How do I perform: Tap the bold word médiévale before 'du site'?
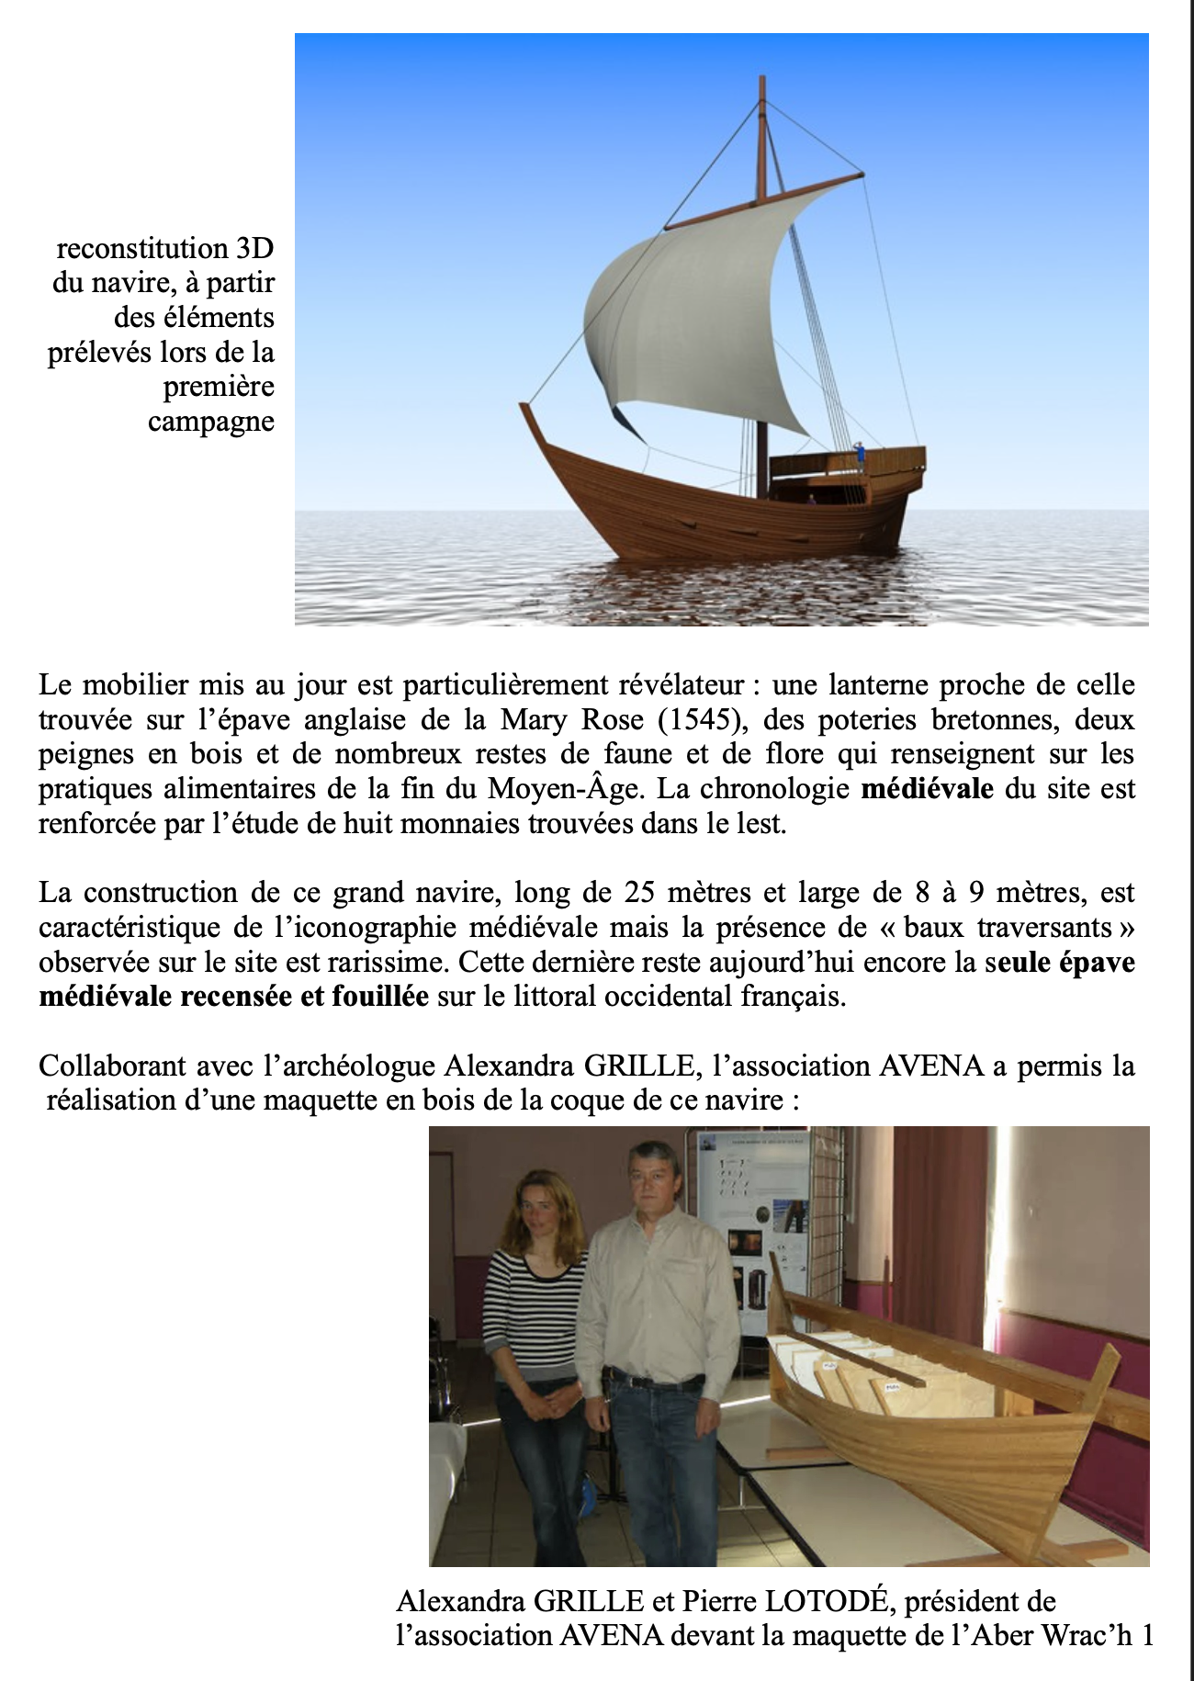(927, 789)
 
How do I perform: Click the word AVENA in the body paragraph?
(931, 1066)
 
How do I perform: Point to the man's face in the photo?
(655, 1178)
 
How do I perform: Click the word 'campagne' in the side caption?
(211, 422)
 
